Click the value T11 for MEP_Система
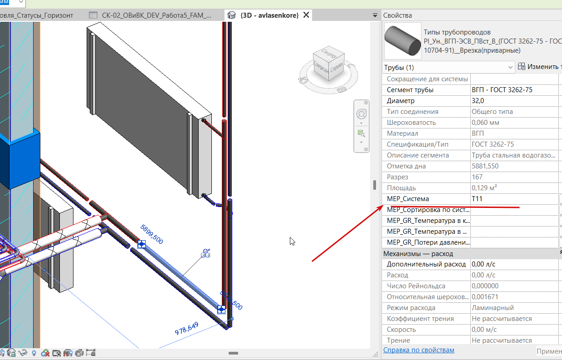point(477,199)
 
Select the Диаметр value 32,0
point(478,101)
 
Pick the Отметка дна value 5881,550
point(485,166)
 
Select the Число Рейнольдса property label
point(416,286)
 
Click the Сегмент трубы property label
point(410,90)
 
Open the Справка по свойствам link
point(419,350)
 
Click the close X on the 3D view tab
point(306,15)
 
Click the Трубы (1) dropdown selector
point(449,67)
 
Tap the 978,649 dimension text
point(186,328)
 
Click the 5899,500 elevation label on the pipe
point(152,234)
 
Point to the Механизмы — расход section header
point(418,254)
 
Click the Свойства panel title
point(397,15)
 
